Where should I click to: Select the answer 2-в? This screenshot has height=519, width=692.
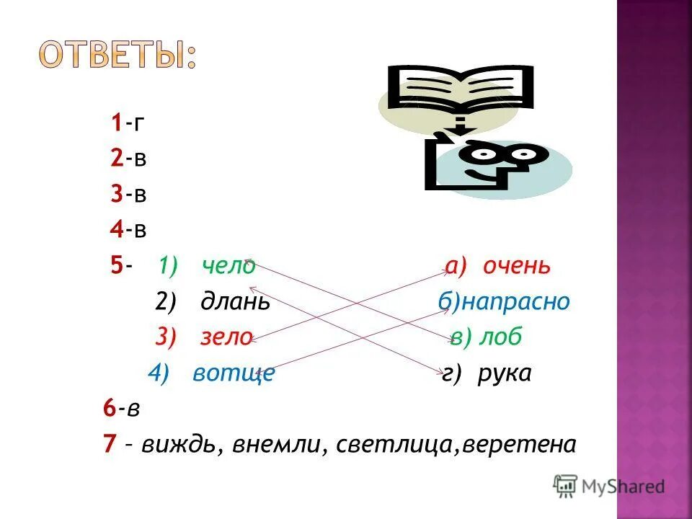(128, 159)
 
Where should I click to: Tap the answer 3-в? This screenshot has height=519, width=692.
(128, 194)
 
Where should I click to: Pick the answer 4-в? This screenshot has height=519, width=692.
(128, 230)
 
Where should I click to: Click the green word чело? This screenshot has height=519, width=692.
(229, 266)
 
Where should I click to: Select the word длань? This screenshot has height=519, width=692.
(236, 301)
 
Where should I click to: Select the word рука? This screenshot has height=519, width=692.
(505, 373)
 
